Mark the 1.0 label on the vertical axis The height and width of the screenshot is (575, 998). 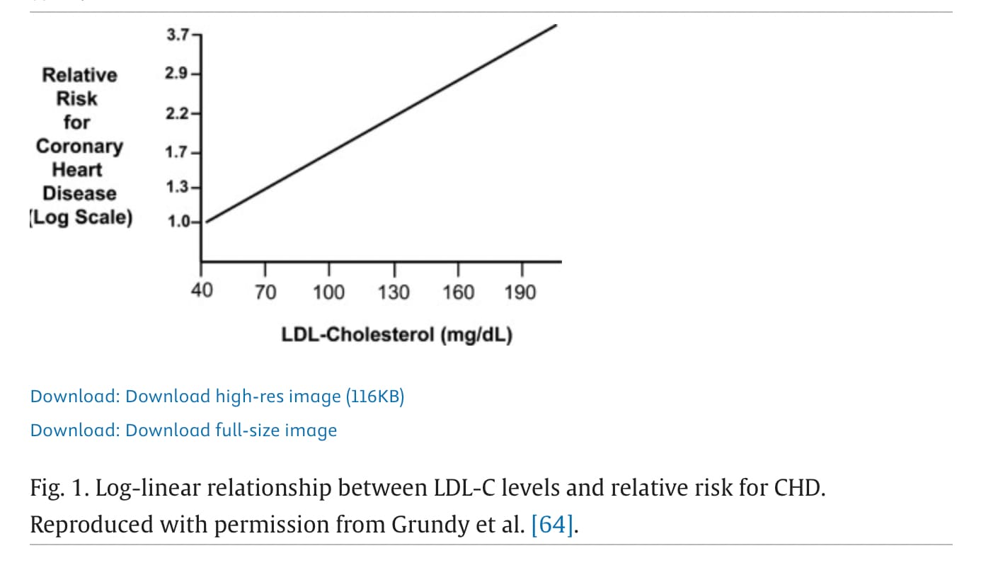point(178,222)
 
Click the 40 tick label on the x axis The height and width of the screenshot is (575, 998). point(202,290)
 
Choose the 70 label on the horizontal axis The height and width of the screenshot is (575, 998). point(265,292)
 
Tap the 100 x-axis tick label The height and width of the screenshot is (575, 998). point(328,292)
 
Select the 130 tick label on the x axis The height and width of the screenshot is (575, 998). point(394,292)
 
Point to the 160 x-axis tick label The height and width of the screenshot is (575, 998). point(458,292)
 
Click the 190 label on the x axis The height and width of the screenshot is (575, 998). point(521,292)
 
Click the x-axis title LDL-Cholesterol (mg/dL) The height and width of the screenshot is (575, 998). point(397,334)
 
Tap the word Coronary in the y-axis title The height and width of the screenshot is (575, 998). point(79,147)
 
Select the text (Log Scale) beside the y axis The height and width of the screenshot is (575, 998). point(80,217)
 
